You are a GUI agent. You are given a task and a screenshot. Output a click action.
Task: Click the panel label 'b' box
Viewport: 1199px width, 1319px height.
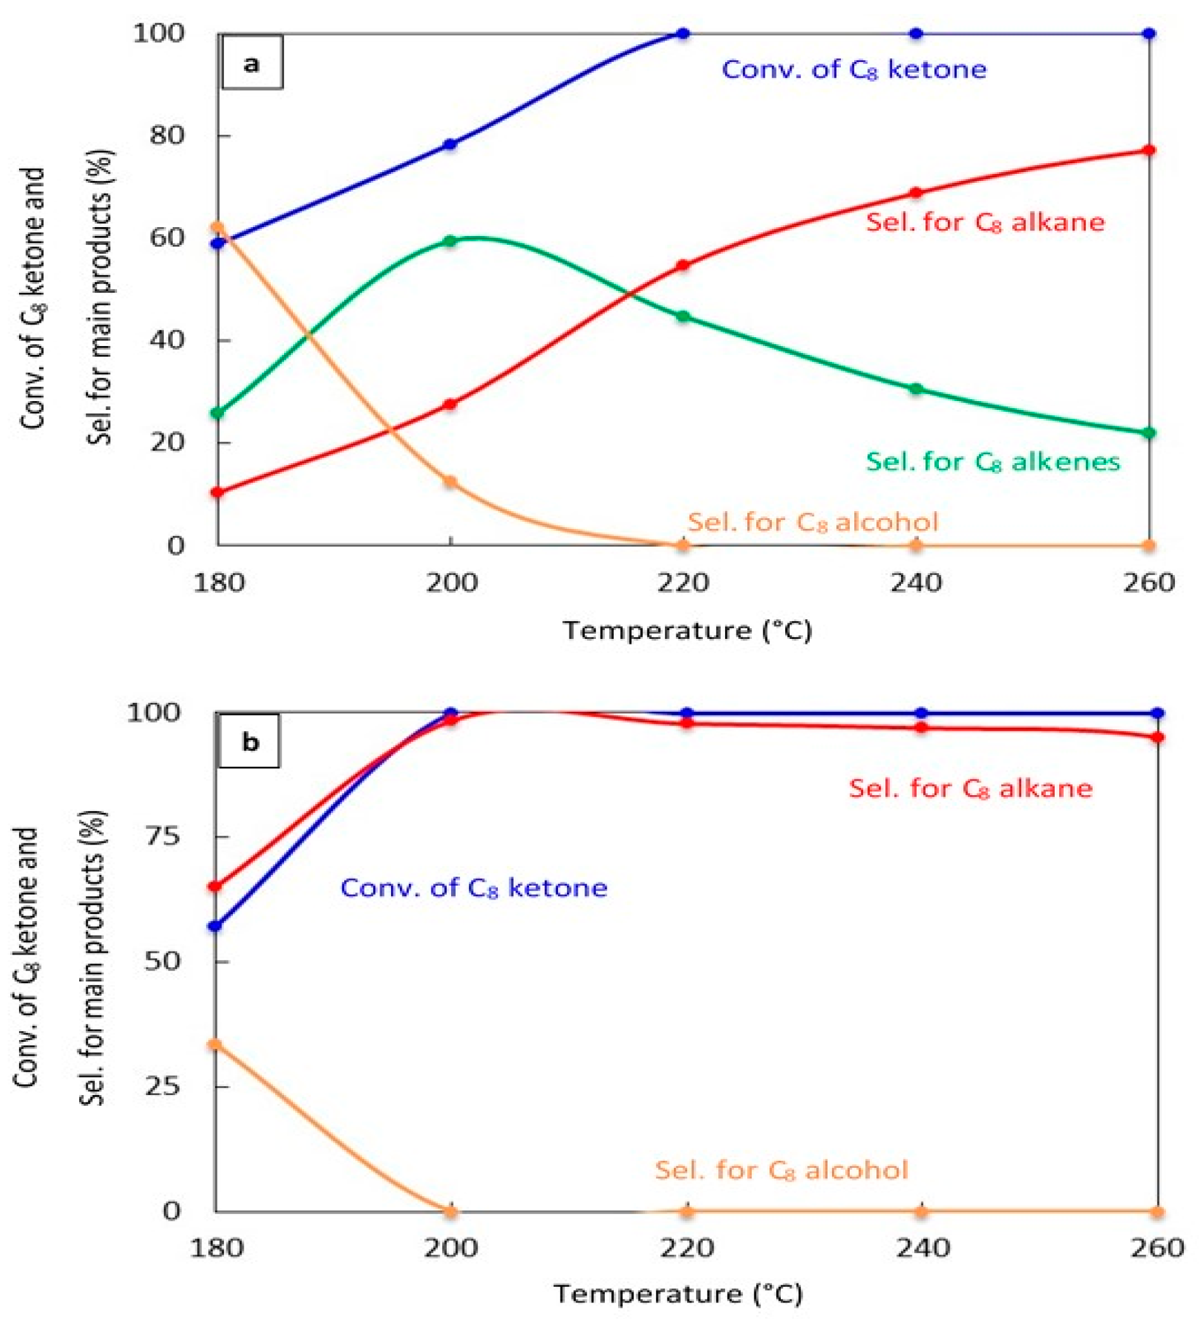pos(249,742)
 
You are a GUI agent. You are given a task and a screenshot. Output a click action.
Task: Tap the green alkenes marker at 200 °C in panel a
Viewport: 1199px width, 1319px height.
pos(450,242)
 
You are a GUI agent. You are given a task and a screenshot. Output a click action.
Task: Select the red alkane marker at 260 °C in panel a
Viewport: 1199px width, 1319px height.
pos(1148,151)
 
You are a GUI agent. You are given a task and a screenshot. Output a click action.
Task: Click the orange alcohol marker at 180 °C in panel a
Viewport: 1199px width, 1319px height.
pos(218,228)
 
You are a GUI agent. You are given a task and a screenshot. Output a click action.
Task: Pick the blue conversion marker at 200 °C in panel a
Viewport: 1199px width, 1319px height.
pos(450,144)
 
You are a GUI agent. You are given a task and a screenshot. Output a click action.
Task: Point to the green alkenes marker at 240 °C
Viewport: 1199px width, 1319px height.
pos(916,388)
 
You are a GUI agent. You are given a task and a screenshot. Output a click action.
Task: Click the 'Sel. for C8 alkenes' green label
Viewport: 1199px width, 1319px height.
pos(993,462)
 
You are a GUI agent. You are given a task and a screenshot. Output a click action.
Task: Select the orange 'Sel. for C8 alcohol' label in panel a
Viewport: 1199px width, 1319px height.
pos(813,522)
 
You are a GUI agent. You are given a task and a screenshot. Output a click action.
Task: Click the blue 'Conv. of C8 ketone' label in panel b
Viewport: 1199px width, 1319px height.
pos(474,888)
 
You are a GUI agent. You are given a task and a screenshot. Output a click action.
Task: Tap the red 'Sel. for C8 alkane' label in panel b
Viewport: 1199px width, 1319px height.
pos(971,788)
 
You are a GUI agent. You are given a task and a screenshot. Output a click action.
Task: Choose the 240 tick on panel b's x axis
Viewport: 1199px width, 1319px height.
pos(921,1248)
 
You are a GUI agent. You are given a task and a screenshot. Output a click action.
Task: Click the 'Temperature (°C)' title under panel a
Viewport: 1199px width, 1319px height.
pos(687,631)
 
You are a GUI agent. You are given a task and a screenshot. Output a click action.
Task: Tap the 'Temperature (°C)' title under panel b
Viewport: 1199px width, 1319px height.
pos(678,1294)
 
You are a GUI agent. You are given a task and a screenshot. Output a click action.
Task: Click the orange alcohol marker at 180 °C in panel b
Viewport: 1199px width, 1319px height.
pos(214,1044)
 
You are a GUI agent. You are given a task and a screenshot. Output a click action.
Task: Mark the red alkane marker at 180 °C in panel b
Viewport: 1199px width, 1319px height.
pos(214,886)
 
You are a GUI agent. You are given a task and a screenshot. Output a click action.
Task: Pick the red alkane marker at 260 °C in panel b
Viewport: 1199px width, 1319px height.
pos(1157,738)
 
